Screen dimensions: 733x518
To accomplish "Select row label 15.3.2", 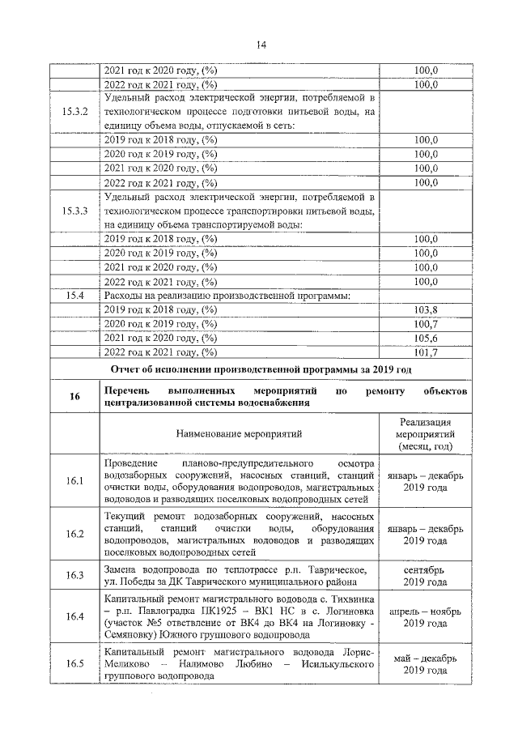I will coord(75,111).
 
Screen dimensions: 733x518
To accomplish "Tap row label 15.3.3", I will coord(75,211).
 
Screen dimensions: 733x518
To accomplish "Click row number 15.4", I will coord(75,296).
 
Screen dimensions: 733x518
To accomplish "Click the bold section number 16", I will coord(75,396).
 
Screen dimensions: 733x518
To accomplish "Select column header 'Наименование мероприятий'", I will coord(240,434).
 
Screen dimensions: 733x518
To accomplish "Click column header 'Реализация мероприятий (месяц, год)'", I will coord(425,434).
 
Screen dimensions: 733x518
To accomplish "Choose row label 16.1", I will coord(75,481).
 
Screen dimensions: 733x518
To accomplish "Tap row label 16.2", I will coord(75,534).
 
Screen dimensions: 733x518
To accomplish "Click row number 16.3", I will coord(75,575).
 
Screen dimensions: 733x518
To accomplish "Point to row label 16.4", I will coord(75,616).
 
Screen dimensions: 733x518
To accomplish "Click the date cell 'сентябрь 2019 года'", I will coord(425,575).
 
